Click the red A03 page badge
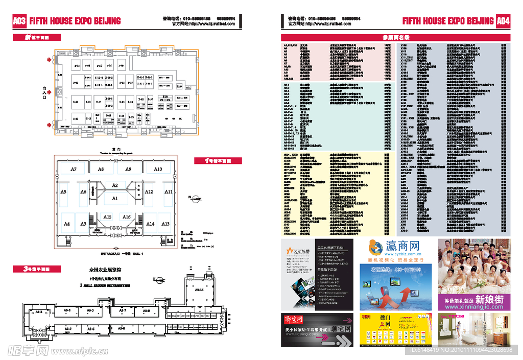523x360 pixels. point(19,21)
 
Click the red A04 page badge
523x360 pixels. point(503,21)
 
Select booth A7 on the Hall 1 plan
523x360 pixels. point(74,169)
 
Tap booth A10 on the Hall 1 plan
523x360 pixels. point(158,169)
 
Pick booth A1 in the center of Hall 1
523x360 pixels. point(115,198)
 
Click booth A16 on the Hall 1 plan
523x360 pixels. point(126,217)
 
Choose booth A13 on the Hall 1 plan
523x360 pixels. point(165,224)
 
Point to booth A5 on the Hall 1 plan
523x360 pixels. point(63,192)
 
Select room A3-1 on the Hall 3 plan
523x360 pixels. point(38,311)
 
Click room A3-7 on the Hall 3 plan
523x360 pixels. point(123,310)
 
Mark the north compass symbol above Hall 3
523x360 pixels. point(160,279)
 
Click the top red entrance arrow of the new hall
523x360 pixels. point(50,60)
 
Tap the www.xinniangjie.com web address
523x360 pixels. point(474,307)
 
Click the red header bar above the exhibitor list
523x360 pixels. point(395,37)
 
